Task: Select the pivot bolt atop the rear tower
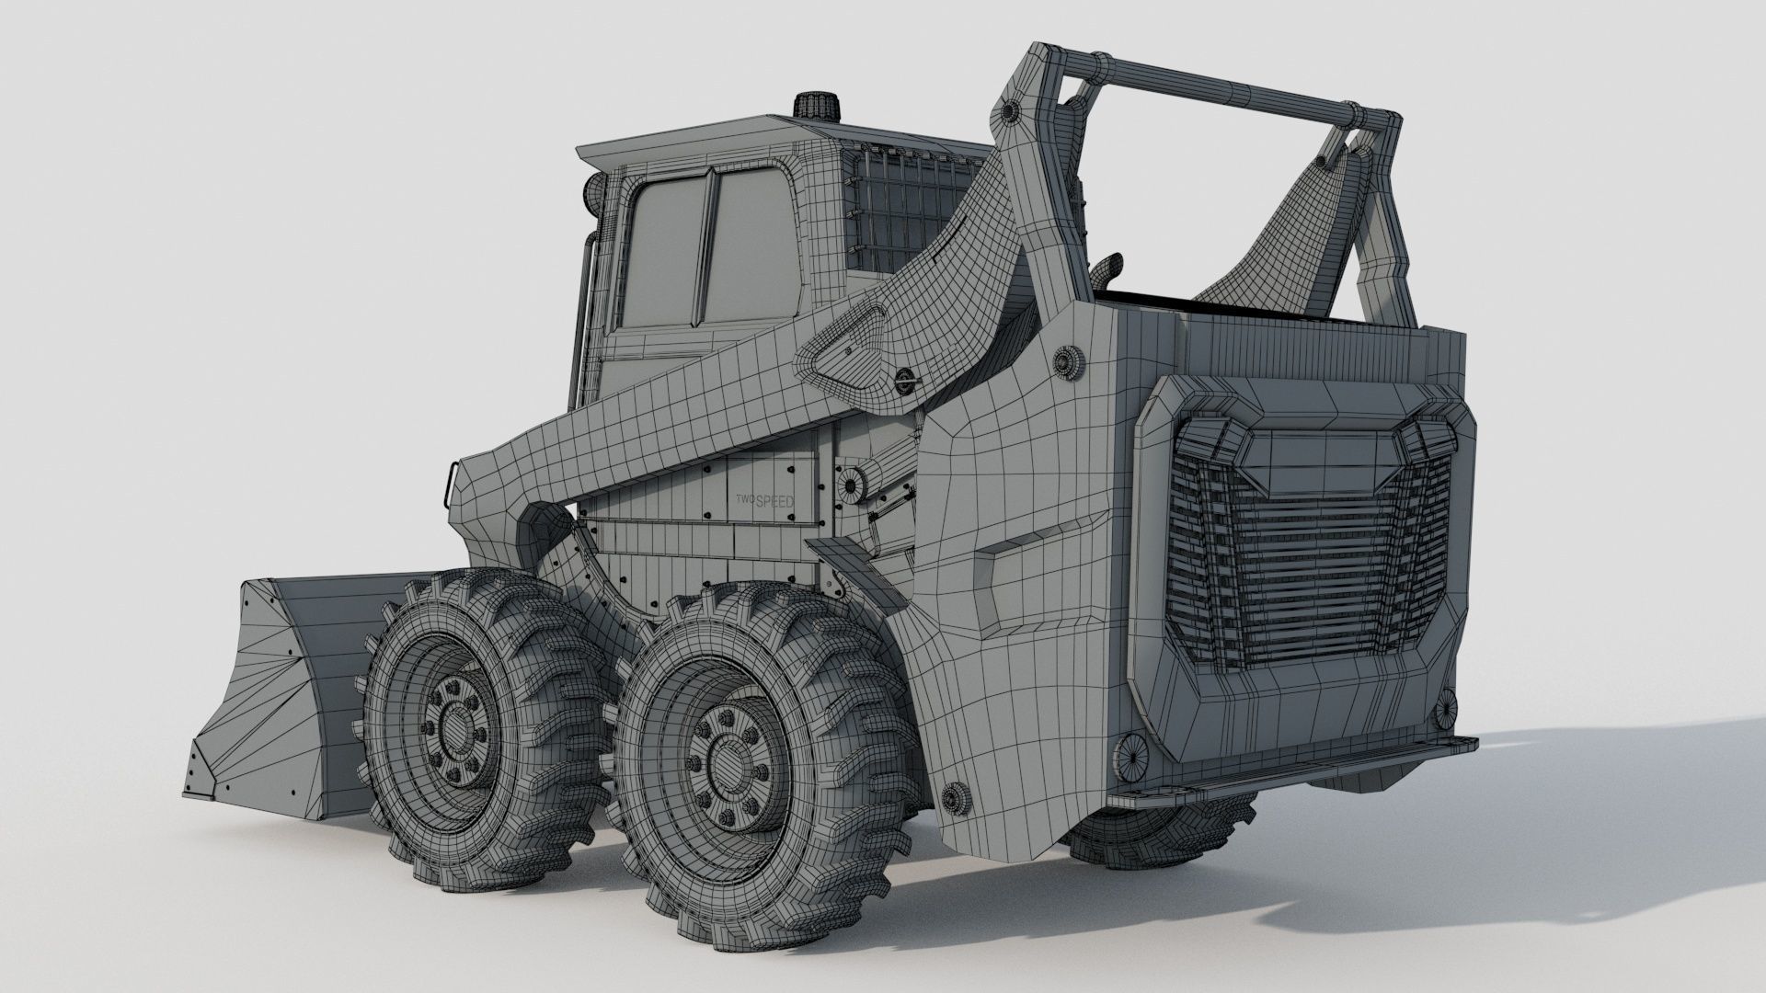click(x=1010, y=112)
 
